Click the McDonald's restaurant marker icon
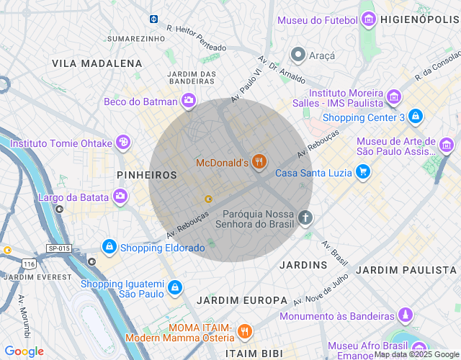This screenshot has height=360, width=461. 260,162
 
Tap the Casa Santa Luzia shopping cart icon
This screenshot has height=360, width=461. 364,171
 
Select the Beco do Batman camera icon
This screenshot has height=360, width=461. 188,101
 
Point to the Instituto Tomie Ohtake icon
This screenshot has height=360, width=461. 123,142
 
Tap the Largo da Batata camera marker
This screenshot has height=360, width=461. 120,195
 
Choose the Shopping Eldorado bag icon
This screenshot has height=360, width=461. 109,247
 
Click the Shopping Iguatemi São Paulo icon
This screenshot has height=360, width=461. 174,289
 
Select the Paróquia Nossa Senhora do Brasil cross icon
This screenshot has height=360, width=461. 305,217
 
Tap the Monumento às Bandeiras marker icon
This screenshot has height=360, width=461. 406,315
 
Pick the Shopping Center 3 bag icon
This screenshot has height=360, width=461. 415,116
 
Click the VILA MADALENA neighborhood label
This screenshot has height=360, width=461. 97,63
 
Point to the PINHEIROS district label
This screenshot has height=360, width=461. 146,175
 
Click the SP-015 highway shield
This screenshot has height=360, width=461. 59,248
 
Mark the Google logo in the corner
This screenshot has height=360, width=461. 24,351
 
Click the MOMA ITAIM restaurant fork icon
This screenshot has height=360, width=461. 245,331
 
